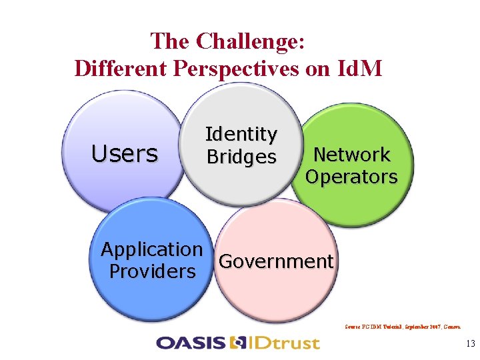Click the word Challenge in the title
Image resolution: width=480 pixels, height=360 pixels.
pos(251,42)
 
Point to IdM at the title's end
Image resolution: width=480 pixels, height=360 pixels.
pos(361,68)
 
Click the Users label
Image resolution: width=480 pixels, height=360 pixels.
pos(125,154)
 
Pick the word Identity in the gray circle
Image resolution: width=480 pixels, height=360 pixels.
pos(241,134)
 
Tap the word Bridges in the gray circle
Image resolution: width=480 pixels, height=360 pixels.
pos(241,157)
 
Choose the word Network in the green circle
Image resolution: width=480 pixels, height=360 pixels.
pos(351,155)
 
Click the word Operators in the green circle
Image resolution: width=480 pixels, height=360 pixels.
pos(351,177)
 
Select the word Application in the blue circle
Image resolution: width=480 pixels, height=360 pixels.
pos(151,249)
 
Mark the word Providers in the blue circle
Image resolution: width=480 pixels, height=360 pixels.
pos(152,272)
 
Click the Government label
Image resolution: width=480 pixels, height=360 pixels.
pos(275,261)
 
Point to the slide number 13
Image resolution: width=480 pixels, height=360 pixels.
pos(470,344)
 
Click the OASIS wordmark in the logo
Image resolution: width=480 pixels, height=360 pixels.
pos(190,343)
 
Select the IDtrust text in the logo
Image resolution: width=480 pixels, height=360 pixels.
pos(284,343)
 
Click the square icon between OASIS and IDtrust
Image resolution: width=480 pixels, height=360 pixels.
pos(237,343)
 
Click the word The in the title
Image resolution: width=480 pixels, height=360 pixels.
pos(171,42)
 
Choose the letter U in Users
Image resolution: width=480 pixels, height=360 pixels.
pos(99,154)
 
